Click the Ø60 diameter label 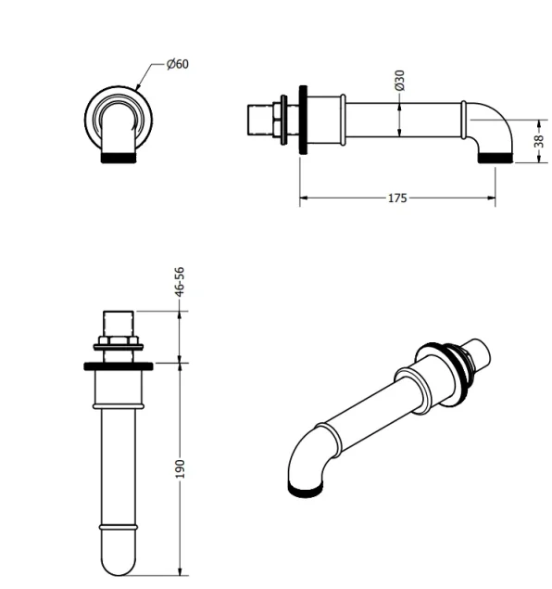[x=178, y=64]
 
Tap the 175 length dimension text [x=396, y=198]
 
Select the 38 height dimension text [x=537, y=142]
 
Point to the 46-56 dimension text [x=180, y=282]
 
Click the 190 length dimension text [x=180, y=467]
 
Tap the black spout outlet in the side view [x=496, y=159]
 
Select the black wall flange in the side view [x=302, y=122]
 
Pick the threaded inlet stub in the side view [x=262, y=120]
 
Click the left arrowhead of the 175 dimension [x=302, y=198]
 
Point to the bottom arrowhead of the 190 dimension [x=180, y=571]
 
